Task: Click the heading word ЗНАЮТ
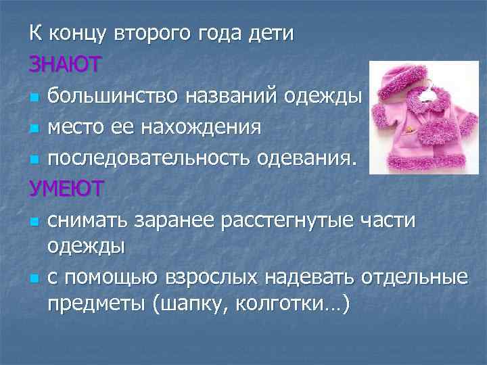click(x=65, y=64)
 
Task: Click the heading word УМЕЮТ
click(x=66, y=189)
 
